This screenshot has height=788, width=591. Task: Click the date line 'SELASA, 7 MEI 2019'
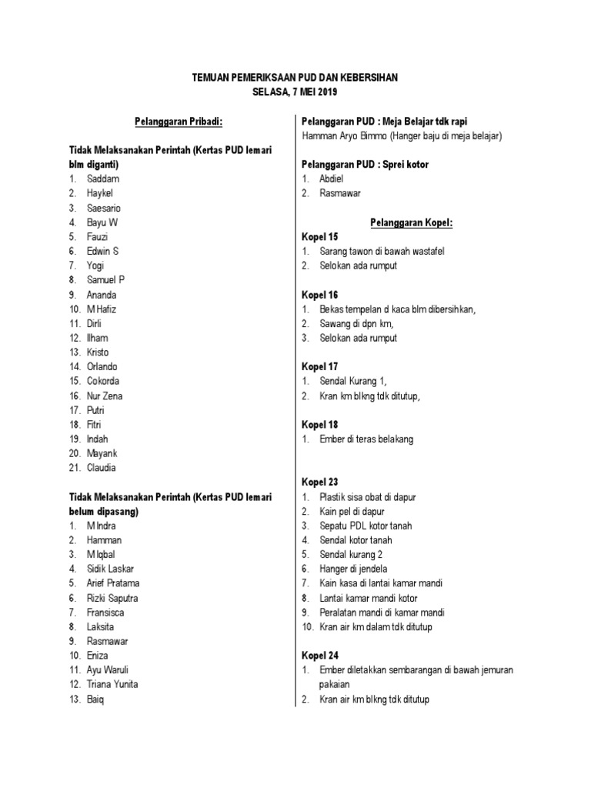[295, 92]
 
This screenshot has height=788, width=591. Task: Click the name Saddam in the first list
[104, 179]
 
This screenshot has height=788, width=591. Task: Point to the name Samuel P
[106, 280]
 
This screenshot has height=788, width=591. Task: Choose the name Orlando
[103, 366]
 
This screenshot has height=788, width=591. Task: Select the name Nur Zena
[105, 396]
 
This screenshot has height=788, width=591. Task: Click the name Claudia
[102, 468]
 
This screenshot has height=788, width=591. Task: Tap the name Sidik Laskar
[110, 569]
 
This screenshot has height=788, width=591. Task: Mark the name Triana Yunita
[112, 684]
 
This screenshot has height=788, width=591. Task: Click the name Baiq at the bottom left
[95, 700]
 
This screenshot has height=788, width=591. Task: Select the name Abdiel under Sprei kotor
[332, 179]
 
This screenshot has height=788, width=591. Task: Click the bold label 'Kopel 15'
[319, 237]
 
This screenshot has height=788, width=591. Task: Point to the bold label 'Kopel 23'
[319, 482]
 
